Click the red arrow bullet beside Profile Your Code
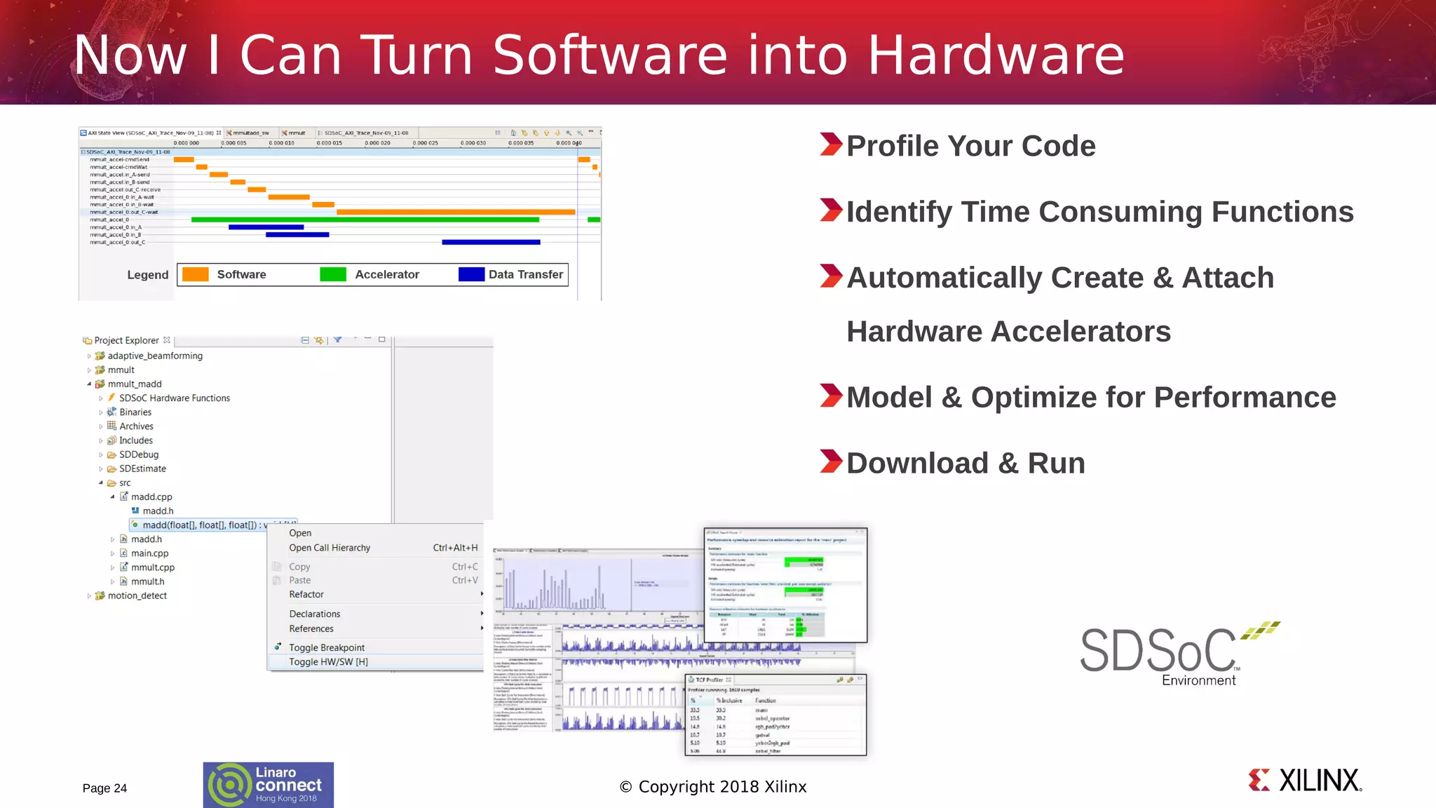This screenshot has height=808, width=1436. point(830,144)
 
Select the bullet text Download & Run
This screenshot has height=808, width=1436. point(966,464)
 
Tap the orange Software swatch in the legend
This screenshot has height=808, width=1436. point(195,274)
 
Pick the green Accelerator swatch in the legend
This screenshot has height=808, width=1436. point(332,274)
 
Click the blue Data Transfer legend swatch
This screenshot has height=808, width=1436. point(471,274)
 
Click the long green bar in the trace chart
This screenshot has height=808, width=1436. point(365,220)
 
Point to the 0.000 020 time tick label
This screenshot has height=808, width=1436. point(377,143)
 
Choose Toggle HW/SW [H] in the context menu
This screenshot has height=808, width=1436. point(328,661)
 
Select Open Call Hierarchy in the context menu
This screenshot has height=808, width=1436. point(330,548)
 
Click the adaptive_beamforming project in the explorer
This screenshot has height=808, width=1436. point(155,356)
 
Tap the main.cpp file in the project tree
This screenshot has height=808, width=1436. point(149,553)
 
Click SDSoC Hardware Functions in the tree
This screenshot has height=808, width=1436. point(174,398)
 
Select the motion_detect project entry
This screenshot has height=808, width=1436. point(137,595)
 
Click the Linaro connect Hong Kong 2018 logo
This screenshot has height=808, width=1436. point(269,785)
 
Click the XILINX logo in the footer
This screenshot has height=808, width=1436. point(1305,780)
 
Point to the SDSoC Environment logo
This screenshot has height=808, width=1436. point(1178,652)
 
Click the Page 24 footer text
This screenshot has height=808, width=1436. point(104,788)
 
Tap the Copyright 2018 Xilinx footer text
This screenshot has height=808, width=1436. point(713,787)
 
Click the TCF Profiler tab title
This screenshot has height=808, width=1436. point(709,680)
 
